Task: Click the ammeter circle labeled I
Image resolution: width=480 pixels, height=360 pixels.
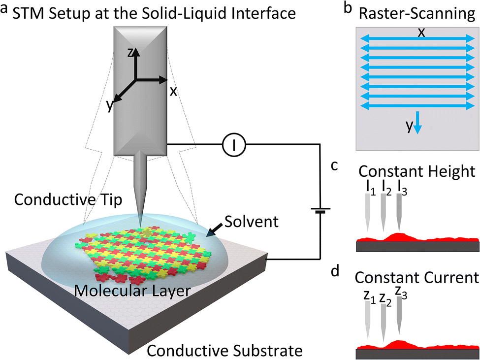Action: pyautogui.click(x=234, y=144)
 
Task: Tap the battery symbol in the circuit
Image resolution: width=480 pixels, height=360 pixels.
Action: pyautogui.click(x=319, y=212)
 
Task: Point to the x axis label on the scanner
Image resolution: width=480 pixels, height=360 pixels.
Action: pyautogui.click(x=173, y=91)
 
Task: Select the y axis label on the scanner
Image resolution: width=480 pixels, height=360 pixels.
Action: pyautogui.click(x=110, y=105)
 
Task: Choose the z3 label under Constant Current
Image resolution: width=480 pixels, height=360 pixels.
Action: pyautogui.click(x=401, y=294)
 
